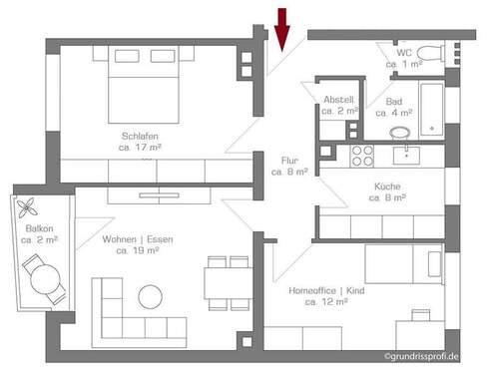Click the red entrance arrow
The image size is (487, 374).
[x=282, y=28]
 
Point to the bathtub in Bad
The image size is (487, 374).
[x=430, y=106]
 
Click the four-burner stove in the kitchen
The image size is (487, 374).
[x=362, y=155]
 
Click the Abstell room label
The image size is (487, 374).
[x=339, y=100]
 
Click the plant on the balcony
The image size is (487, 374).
[x=26, y=206]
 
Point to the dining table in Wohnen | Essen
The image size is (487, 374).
[x=226, y=283]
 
